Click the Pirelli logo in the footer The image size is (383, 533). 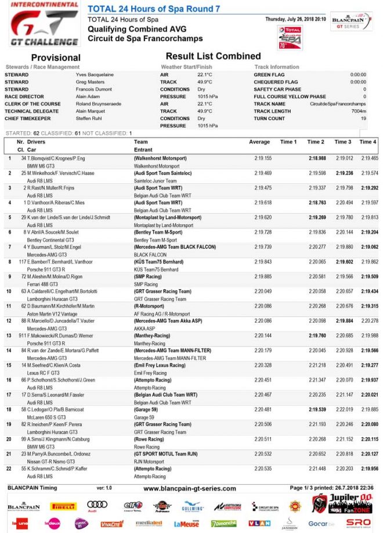coord(63,506)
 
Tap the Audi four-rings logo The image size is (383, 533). coord(97,506)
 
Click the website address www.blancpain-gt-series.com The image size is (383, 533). coord(189,489)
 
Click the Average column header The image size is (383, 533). coord(259,142)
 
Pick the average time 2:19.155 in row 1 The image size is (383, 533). coord(263,158)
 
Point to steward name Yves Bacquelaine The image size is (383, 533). coord(95,75)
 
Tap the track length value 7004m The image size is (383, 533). coord(358,111)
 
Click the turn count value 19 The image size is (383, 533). coord(363,118)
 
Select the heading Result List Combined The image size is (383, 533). coord(213,56)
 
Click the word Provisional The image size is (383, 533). coord(55,57)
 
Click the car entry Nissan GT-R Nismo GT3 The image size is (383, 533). coord(52,460)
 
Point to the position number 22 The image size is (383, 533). coord(9,468)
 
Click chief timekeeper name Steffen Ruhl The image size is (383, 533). coord(89,118)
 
